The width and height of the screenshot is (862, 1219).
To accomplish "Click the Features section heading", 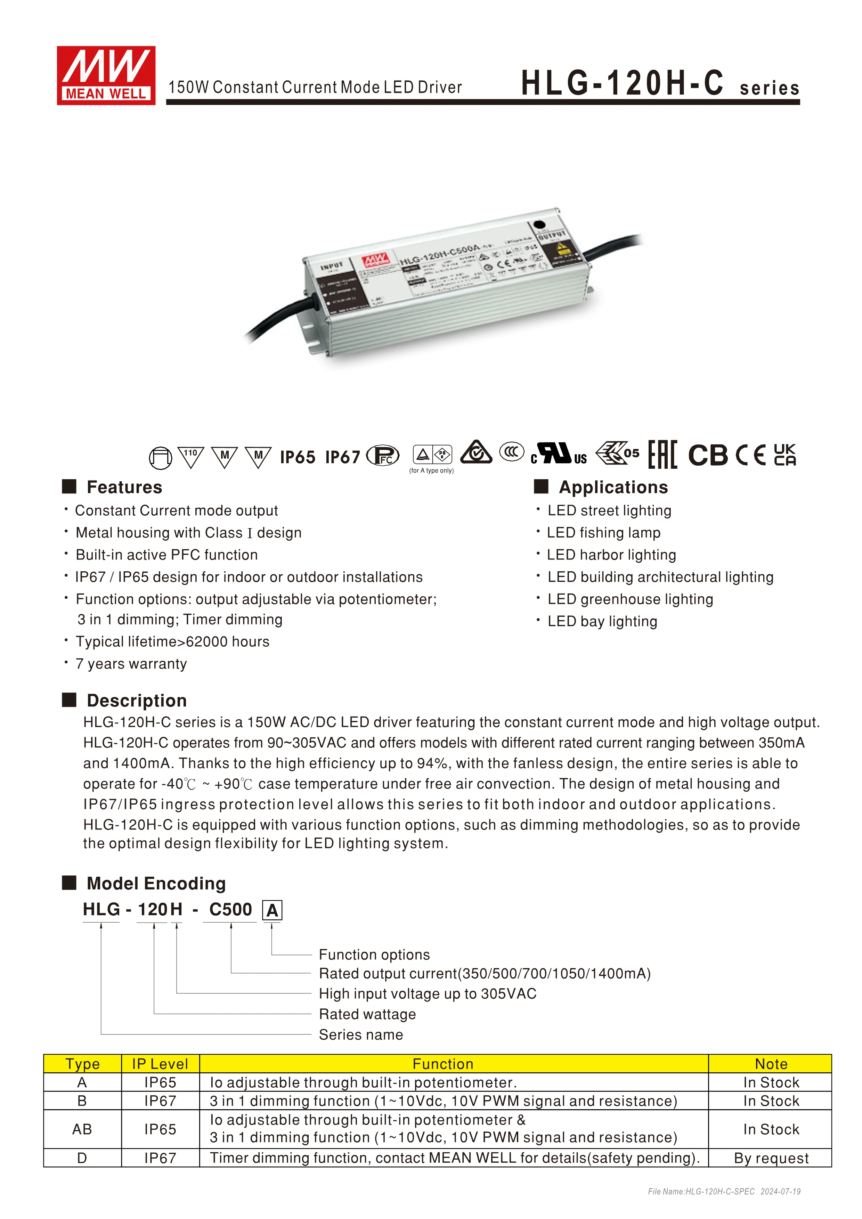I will pos(124,487).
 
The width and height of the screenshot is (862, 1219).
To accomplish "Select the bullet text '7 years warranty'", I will pos(131,664).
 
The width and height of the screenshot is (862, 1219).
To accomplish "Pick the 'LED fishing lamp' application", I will pos(603,532).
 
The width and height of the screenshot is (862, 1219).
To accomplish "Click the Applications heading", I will pos(613,487).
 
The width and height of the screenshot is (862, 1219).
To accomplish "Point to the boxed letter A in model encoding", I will pos(272,910).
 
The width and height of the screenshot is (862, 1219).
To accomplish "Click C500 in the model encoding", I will pos(230,909).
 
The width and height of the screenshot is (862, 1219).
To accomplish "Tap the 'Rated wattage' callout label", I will pos(367,1014).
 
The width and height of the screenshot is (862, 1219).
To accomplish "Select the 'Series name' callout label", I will pos(361,1034).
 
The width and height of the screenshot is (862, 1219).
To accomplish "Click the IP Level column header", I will pos(160,1064).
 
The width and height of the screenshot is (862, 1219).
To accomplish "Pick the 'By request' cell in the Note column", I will pos(771,1158).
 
